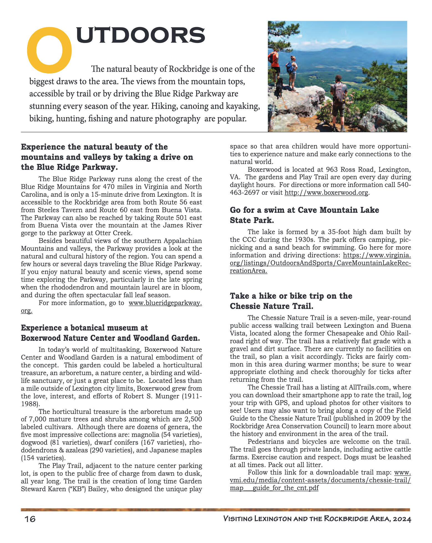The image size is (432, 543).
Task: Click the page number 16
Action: pos(30,519)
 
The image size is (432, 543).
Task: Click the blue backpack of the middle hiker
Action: pos(290,67)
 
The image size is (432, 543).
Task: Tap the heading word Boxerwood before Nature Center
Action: pos(41,338)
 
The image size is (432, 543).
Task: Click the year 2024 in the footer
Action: pos(402,519)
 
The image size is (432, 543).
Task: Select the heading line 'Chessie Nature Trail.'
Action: pos(271,306)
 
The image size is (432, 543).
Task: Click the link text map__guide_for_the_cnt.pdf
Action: pos(274,488)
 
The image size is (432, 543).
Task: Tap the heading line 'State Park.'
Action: pos(252,221)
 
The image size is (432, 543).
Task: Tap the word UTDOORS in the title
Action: pos(140,35)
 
